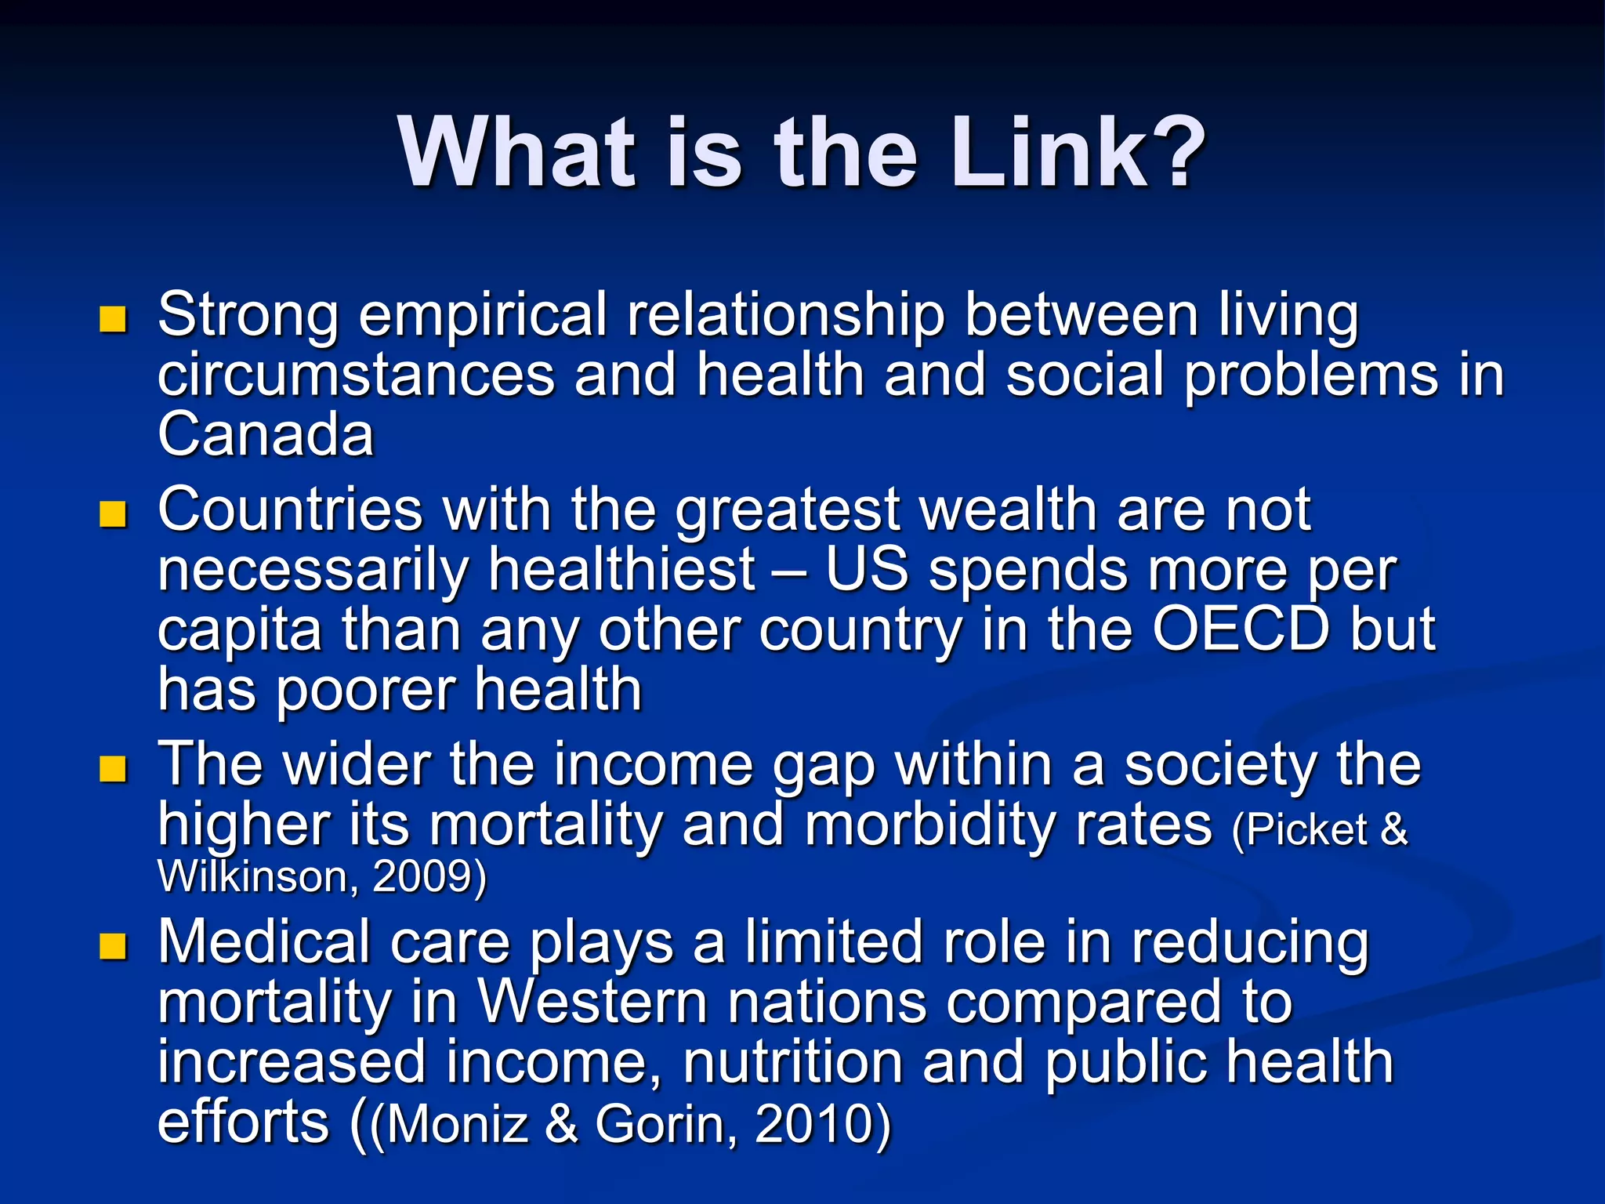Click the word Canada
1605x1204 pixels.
click(x=266, y=435)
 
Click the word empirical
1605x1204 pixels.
click(x=483, y=316)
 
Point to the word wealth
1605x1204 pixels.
click(x=1008, y=510)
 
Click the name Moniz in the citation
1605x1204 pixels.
click(x=457, y=1124)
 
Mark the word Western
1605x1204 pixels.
click(x=593, y=1003)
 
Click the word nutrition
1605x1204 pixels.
click(x=792, y=1063)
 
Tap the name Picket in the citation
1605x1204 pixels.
click(x=1306, y=830)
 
